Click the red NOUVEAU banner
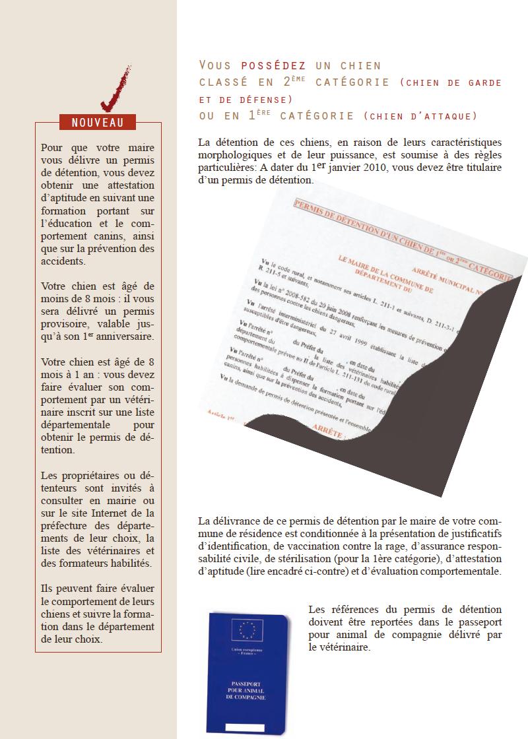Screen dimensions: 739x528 click(x=98, y=122)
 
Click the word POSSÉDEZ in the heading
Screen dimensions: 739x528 click(x=273, y=65)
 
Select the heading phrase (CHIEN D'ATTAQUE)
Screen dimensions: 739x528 click(x=420, y=115)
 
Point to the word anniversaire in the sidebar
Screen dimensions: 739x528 click(x=123, y=336)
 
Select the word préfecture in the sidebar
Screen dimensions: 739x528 click(x=67, y=525)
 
